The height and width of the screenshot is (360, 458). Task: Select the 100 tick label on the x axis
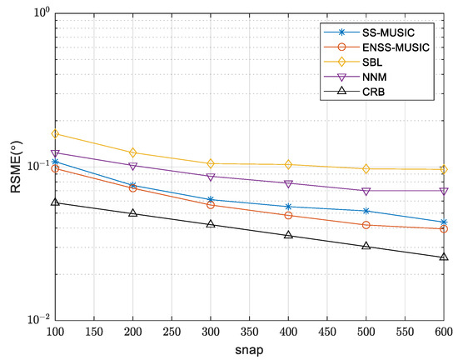[x=55, y=332]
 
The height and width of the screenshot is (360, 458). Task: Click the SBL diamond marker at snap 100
[x=55, y=133]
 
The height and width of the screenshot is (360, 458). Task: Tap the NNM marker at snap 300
[x=211, y=177]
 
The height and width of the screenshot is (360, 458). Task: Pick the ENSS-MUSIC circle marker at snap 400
[x=288, y=215]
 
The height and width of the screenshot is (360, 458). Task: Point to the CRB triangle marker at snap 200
[x=133, y=212]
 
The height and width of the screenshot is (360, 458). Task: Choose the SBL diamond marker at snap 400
[x=288, y=164]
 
